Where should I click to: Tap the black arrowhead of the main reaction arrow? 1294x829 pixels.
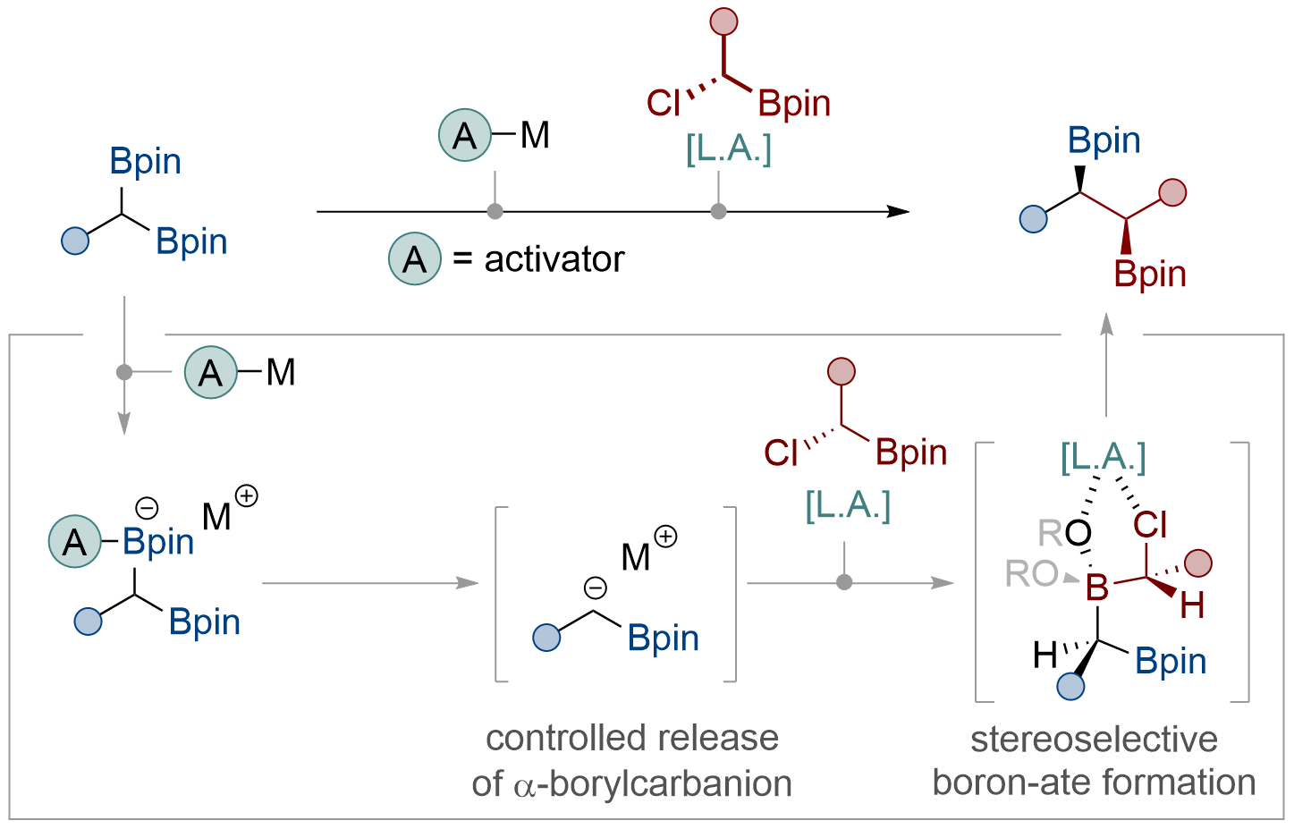point(898,211)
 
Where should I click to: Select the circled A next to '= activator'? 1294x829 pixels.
point(415,258)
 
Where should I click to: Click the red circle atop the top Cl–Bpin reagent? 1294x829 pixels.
point(723,21)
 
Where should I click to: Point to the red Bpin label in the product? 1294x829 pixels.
point(1150,275)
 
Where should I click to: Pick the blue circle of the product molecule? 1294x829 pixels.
point(1034,219)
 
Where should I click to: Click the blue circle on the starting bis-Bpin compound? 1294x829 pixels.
point(75,241)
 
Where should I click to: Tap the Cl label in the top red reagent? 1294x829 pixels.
point(663,104)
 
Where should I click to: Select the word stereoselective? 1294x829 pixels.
point(1094,740)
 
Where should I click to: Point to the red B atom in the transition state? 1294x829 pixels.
point(1097,587)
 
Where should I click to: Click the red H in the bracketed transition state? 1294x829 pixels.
point(1192,605)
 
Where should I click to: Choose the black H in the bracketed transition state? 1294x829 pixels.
point(1045,656)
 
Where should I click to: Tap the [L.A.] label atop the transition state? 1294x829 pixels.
point(1103,458)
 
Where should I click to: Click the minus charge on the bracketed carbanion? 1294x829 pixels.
point(595,588)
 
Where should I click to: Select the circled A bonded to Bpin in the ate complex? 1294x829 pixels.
point(75,541)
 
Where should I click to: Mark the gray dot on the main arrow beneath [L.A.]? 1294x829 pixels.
point(718,211)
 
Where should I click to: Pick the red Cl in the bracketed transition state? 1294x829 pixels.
point(1150,525)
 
